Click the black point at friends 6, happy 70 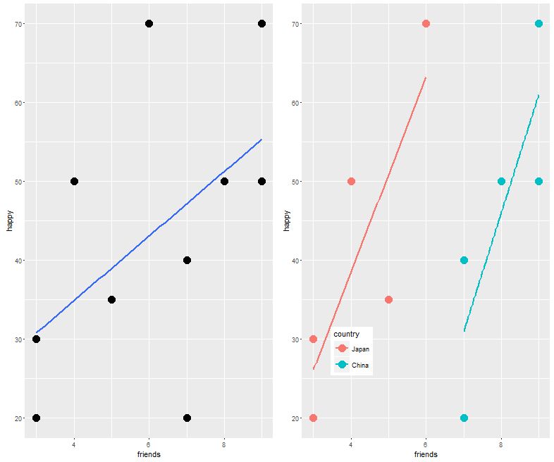coord(149,24)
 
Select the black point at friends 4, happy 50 coord(74,182)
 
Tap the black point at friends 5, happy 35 coord(111,300)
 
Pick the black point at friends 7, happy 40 coord(187,261)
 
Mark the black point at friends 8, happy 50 coord(224,182)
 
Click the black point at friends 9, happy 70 coord(261,24)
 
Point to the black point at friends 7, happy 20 coord(187,418)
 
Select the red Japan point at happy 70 coord(426,24)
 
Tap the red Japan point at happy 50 coord(351,182)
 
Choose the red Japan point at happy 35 coord(388,300)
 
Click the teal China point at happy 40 coord(464,261)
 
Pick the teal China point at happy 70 coord(538,24)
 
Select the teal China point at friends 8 coord(501,182)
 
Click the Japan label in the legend coord(360,349)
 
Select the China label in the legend coord(360,366)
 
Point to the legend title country coord(347,334)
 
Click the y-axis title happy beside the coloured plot coord(286,220)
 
